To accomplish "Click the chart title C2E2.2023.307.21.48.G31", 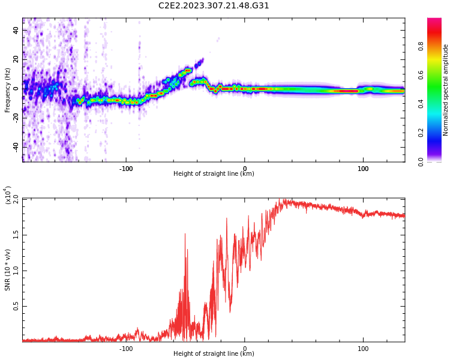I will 214,5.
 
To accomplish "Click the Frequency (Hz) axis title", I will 8,90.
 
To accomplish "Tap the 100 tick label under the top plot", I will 363,169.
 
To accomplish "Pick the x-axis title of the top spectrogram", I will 214,174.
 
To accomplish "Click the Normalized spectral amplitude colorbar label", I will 446,90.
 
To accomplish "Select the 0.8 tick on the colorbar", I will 438,46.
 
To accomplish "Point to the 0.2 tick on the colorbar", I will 438,133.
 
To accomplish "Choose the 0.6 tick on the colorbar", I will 438,74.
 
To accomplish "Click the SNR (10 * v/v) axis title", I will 8,270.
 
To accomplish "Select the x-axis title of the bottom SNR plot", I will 214,354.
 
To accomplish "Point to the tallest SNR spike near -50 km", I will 185,235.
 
